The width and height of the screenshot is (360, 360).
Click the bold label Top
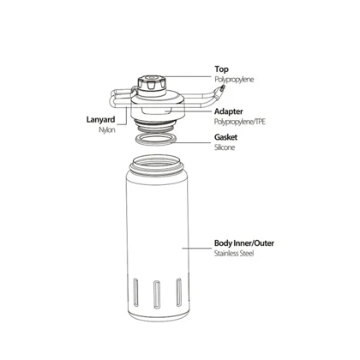click(221, 69)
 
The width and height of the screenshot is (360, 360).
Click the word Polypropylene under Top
click(234, 80)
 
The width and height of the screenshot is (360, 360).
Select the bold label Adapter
click(229, 111)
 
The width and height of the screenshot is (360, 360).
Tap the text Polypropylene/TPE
click(240, 122)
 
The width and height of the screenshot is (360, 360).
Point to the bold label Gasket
click(225, 137)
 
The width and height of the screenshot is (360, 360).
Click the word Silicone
click(225, 147)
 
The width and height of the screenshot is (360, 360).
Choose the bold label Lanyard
click(100, 119)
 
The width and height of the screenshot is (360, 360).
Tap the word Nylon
click(107, 129)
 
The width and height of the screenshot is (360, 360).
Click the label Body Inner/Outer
click(244, 243)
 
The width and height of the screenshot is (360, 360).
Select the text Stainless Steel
click(234, 254)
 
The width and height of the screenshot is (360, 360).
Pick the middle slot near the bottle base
click(157, 295)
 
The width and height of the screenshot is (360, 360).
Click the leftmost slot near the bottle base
click(136, 292)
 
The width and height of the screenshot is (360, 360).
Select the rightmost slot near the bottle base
click(179, 292)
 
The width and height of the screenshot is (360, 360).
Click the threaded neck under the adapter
click(154, 126)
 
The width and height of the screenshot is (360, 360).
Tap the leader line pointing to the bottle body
click(196, 248)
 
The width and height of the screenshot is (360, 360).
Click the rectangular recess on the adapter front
click(156, 110)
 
